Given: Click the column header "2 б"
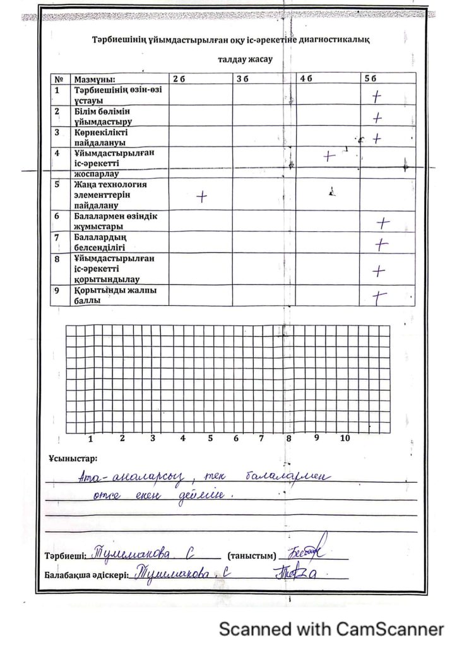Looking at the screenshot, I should (179, 79).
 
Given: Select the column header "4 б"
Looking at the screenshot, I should (306, 79).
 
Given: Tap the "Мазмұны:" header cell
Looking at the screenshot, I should (95, 80).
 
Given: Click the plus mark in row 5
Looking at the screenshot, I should (201, 197).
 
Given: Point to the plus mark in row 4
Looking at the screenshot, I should (329, 156).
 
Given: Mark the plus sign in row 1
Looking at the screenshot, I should (377, 97).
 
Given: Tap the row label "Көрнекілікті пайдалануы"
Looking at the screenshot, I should (101, 138).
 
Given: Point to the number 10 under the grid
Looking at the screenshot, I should (345, 437).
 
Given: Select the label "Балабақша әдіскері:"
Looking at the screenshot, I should (86, 576).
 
